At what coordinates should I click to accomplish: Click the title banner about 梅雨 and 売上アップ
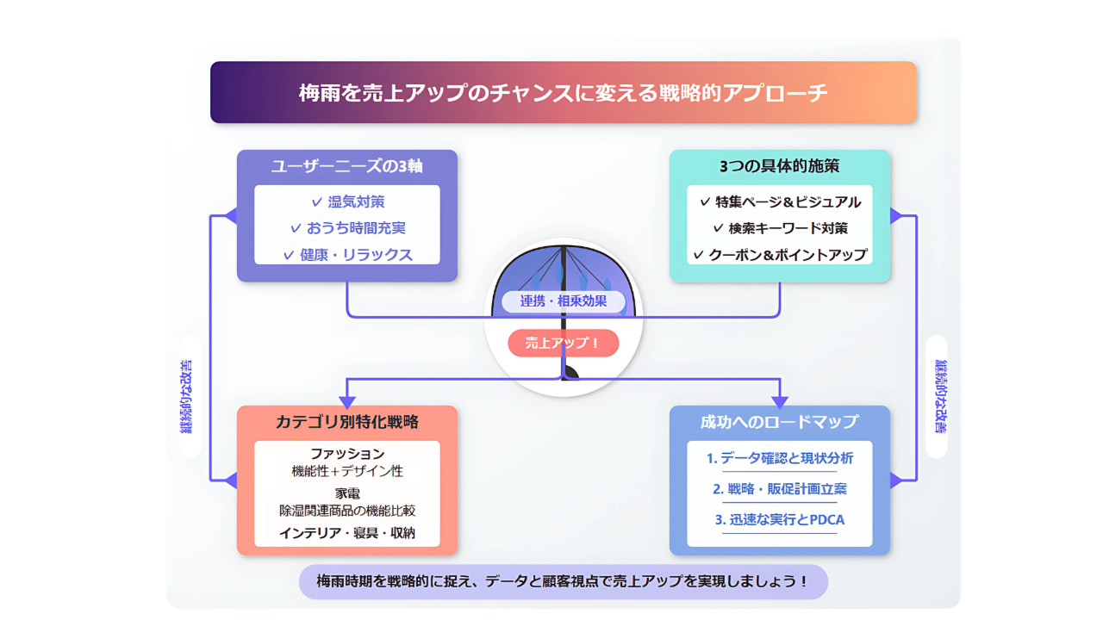(x=564, y=92)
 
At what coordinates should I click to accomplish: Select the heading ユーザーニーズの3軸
(x=347, y=166)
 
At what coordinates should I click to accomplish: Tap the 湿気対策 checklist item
(x=348, y=201)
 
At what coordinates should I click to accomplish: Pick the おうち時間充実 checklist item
(x=348, y=228)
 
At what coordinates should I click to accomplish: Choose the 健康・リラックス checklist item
(x=348, y=255)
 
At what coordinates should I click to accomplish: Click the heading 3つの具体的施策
(x=780, y=166)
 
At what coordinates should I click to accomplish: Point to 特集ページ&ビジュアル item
(x=780, y=201)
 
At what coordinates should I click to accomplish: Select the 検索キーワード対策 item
(x=780, y=228)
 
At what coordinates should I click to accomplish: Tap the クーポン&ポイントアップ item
(x=780, y=255)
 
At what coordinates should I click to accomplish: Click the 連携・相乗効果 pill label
(x=564, y=301)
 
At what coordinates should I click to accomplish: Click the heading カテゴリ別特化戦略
(x=347, y=422)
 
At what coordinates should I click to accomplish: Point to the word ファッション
(x=347, y=454)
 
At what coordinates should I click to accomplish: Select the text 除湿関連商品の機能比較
(x=347, y=511)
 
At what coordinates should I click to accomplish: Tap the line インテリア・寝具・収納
(x=347, y=533)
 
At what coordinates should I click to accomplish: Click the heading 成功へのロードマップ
(x=780, y=422)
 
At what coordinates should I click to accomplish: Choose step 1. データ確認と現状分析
(x=780, y=459)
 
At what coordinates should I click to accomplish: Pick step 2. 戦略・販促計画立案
(x=780, y=489)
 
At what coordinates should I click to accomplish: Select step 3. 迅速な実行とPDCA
(x=780, y=519)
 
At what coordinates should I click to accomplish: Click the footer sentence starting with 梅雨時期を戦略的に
(x=564, y=581)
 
